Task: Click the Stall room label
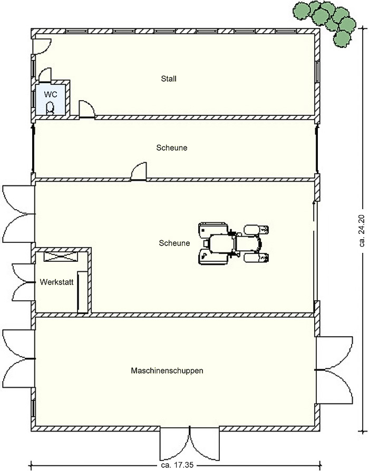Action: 169,78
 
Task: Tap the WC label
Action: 51,94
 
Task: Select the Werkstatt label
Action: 56,282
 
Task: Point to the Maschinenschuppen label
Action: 167,371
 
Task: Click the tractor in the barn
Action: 233,243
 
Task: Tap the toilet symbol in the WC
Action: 50,108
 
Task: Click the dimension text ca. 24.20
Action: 362,230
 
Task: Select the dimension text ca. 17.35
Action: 177,465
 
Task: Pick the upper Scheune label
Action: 171,148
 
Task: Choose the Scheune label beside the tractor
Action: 174,243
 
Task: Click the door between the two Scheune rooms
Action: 139,172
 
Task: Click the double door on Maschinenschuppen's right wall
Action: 334,369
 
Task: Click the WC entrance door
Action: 46,75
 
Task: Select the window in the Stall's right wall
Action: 317,71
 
